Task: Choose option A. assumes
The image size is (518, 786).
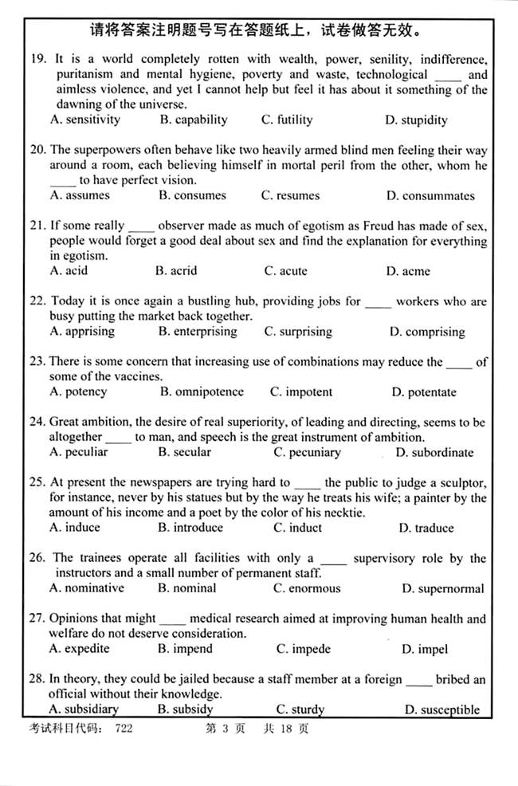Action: pos(80,195)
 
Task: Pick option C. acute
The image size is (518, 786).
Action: pos(286,271)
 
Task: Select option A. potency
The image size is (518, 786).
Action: pos(78,392)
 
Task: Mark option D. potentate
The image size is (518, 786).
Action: pos(424,392)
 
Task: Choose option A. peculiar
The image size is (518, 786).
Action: pos(78,452)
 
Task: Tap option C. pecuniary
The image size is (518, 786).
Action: pos(307,453)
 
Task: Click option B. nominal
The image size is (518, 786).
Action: pos(187,588)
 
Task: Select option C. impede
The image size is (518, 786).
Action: pos(304,649)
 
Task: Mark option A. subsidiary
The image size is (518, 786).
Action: pos(84,709)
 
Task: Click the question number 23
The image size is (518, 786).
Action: pos(37,362)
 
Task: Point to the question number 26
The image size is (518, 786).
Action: pos(37,558)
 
